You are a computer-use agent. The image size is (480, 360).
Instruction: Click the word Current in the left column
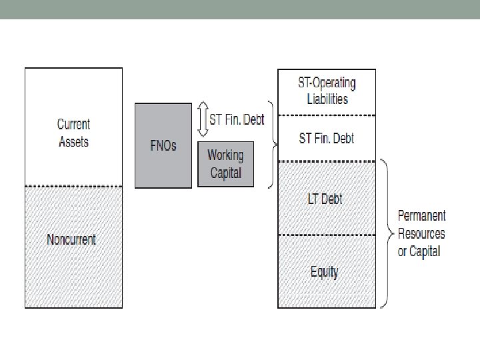coord(73,124)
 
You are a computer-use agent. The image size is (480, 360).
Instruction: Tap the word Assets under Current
coord(73,141)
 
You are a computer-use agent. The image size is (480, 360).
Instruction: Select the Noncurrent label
coord(71,239)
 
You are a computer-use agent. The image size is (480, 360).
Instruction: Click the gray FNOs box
coord(163,145)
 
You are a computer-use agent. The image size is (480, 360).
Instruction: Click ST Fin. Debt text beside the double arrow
coord(237,120)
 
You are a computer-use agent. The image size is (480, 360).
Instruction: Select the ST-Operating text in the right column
coord(327,83)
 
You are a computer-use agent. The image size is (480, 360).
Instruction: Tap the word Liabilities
coord(327,99)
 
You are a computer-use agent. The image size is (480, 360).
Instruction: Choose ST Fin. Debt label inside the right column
coord(327,139)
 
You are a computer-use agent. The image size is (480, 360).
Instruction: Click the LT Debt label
coord(325,199)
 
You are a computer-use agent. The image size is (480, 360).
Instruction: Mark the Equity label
coord(325,271)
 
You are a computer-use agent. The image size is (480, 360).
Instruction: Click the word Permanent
coord(421,216)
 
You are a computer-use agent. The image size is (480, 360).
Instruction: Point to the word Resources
coord(421,233)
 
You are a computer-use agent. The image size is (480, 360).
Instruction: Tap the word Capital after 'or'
coord(427,251)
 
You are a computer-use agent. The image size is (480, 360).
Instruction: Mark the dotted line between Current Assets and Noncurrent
coord(73,186)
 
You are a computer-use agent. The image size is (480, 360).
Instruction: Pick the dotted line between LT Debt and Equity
coord(327,235)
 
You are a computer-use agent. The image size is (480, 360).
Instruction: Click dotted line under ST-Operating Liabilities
coord(327,115)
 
